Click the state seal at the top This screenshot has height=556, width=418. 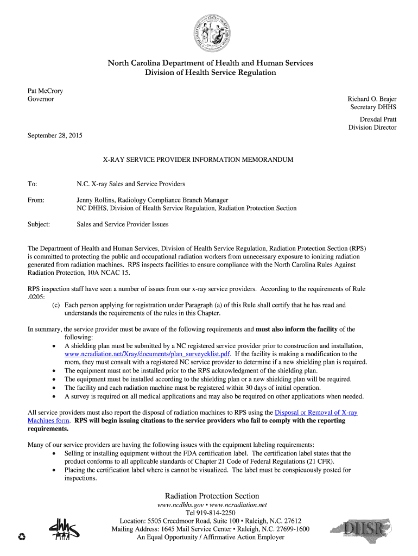[x=210, y=32]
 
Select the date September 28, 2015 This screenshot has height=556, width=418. [x=55, y=135]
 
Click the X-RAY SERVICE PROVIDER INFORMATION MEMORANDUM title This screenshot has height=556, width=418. [x=198, y=160]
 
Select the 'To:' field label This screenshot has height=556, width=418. [x=33, y=184]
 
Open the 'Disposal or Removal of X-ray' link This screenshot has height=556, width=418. [x=316, y=413]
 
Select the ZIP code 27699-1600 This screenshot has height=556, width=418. [x=290, y=529]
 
